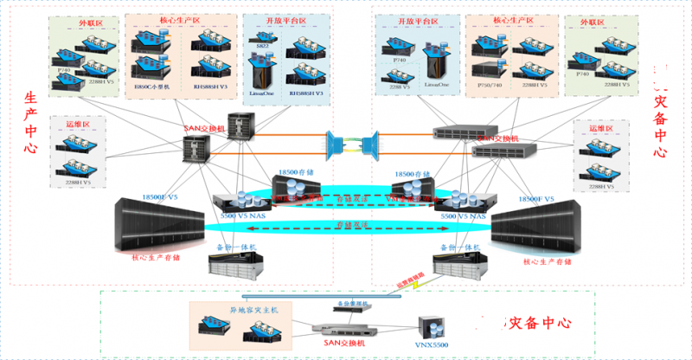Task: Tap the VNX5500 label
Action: pyautogui.click(x=432, y=345)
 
